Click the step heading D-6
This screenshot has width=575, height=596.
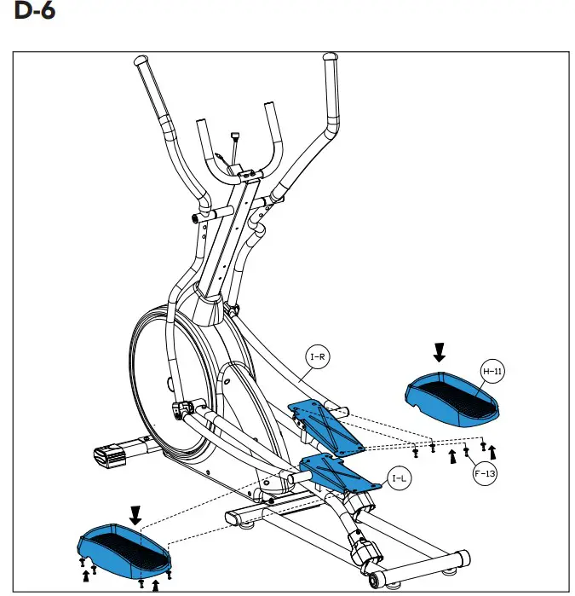(x=32, y=14)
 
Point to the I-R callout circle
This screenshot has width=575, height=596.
(x=317, y=356)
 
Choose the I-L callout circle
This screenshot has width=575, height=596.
(x=400, y=478)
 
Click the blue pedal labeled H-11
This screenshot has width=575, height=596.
(x=451, y=399)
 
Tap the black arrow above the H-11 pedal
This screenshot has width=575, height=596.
(x=440, y=350)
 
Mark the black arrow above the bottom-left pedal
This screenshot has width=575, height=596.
(x=134, y=514)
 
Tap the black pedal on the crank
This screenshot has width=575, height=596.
(x=110, y=453)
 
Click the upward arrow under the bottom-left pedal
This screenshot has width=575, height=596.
(x=155, y=587)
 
